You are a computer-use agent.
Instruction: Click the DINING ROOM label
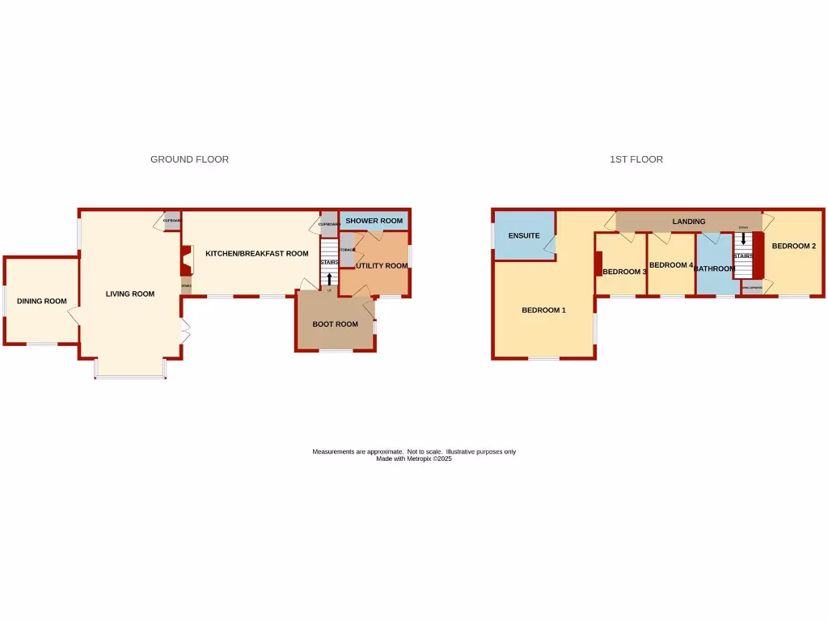[42, 302]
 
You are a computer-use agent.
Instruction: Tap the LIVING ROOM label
[130, 294]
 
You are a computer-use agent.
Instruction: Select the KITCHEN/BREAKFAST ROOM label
[257, 253]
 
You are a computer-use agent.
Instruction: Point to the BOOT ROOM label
[336, 324]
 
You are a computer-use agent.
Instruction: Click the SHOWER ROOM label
[374, 221]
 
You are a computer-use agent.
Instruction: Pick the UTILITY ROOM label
[382, 265]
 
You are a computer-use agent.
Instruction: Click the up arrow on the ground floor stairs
[329, 279]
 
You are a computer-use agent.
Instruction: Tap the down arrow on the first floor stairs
[743, 239]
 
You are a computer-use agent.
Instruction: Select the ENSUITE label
[524, 235]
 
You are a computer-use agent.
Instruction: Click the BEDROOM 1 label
[543, 310]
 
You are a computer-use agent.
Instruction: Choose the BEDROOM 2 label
[793, 246]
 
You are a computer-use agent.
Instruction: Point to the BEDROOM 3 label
[624, 272]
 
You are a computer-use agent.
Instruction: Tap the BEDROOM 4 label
[671, 265]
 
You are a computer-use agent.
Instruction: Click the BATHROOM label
[715, 268]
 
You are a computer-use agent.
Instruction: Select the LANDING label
[689, 222]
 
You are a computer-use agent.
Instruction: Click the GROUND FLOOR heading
[189, 159]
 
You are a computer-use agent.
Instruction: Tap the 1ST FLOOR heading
[636, 159]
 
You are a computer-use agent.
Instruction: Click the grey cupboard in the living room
[171, 222]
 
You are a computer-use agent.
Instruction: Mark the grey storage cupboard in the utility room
[346, 250]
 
